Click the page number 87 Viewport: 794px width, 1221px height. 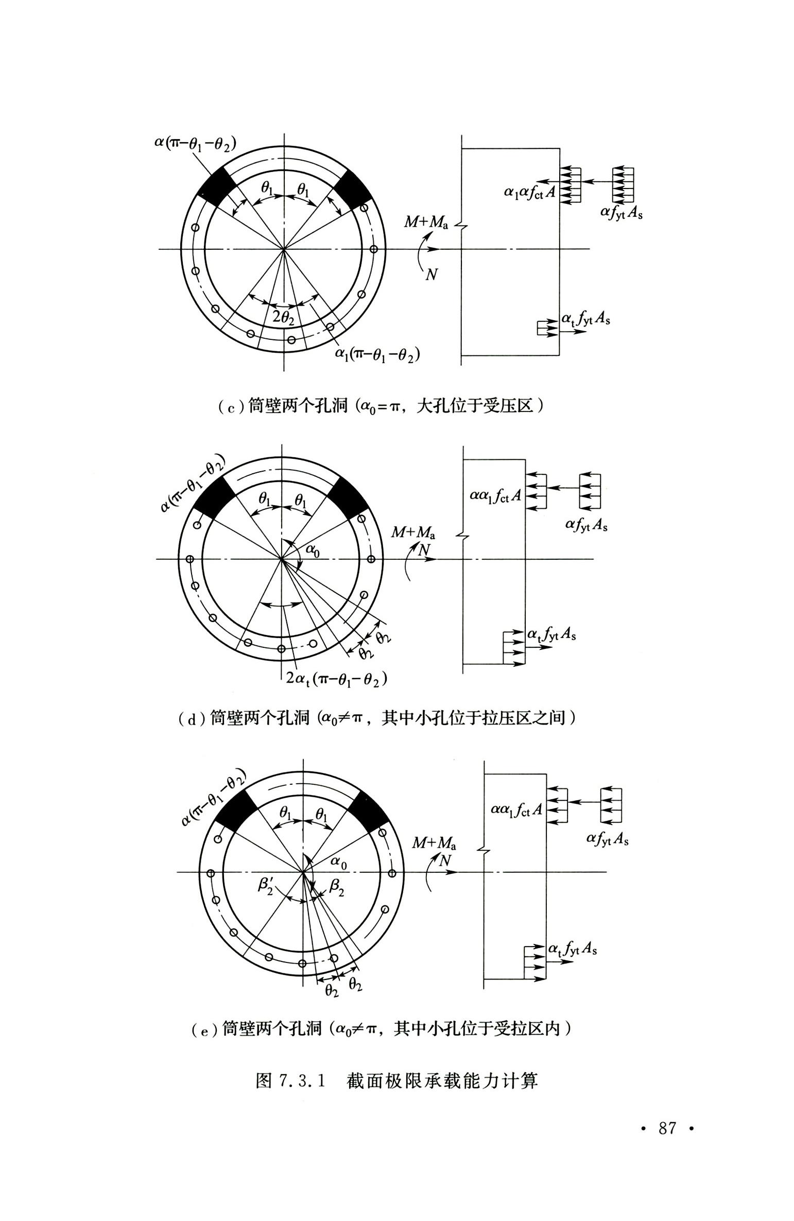(667, 1128)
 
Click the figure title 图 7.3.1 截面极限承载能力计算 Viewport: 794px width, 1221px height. (396, 1080)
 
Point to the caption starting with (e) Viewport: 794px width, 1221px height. (381, 1028)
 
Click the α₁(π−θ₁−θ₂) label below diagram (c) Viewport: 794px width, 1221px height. (377, 354)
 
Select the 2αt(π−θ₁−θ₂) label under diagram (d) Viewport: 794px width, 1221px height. (336, 679)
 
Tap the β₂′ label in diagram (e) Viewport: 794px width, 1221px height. (266, 886)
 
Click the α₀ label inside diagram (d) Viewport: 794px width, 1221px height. (313, 551)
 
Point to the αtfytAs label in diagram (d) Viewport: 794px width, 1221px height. (551, 634)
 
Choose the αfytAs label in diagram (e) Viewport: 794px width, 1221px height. (608, 839)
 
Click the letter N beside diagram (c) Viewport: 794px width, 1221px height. (431, 275)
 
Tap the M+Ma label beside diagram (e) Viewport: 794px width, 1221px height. (434, 843)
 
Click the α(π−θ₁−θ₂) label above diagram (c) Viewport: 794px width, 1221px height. (195, 143)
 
